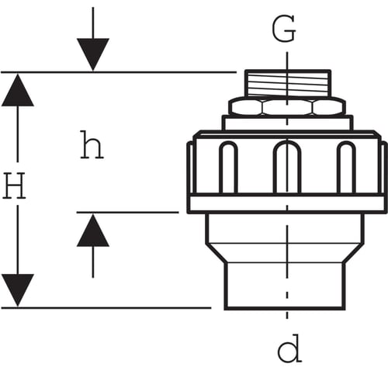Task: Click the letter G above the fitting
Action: [x=284, y=29]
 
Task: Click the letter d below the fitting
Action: [x=289, y=348]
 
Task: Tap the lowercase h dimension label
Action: [x=92, y=144]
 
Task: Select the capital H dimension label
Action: [x=14, y=185]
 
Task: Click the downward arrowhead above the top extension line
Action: [x=93, y=54]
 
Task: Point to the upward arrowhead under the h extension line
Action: [x=93, y=230]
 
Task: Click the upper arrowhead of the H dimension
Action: [x=18, y=90]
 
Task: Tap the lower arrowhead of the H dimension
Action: [x=18, y=290]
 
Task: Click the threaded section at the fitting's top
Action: [x=288, y=83]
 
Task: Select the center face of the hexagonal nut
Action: [x=287, y=106]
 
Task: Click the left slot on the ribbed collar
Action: [x=228, y=167]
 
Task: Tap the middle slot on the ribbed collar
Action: [x=287, y=167]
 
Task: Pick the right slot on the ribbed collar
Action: [x=346, y=167]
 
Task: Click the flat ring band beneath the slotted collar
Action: [x=287, y=204]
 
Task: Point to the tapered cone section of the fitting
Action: [x=285, y=253]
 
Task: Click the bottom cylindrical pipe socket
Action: [x=285, y=286]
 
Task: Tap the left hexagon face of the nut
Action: [x=246, y=106]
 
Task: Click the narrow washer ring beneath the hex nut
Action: [x=287, y=123]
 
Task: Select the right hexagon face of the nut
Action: [x=328, y=106]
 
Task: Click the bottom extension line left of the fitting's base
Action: [x=106, y=308]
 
